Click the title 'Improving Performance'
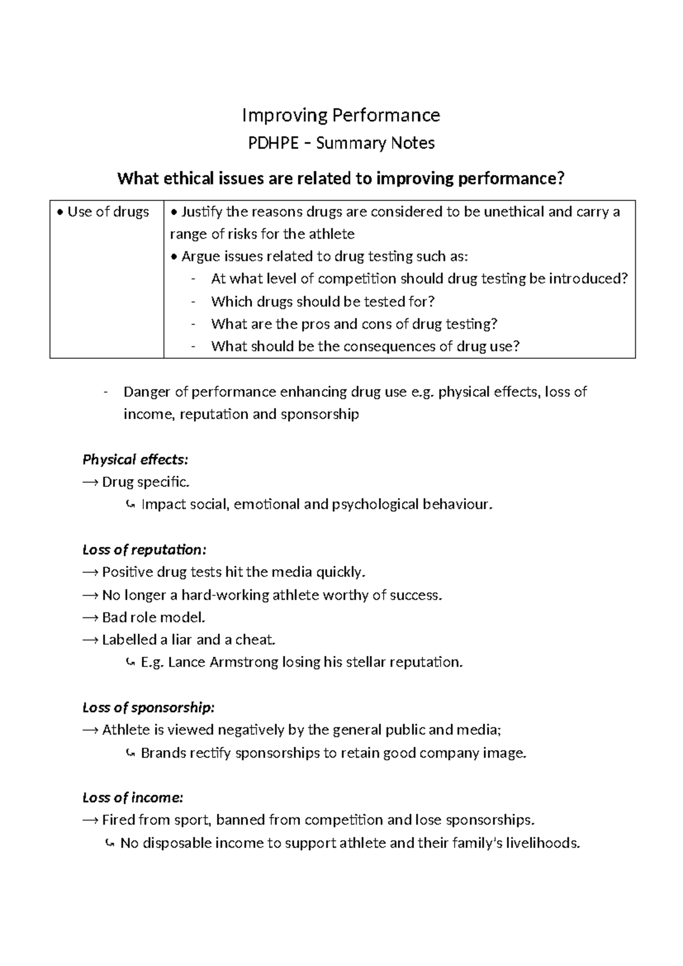pos(341,116)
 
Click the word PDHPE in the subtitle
pos(273,143)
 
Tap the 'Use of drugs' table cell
pos(108,212)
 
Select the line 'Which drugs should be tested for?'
pos(323,301)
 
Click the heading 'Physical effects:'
pos(135,460)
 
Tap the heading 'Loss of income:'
pos(133,798)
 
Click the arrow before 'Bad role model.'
pos(90,617)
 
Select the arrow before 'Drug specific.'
pos(90,482)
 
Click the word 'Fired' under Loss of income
pos(118,820)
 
